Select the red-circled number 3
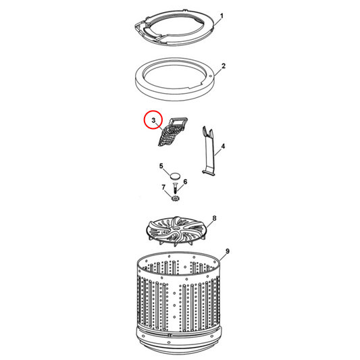tap(153, 121)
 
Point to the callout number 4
tap(224, 146)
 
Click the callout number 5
tap(161, 166)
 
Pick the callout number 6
tap(185, 181)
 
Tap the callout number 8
tap(214, 218)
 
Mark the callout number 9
tap(228, 251)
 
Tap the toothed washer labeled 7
tap(175, 197)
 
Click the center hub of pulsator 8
tap(178, 235)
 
